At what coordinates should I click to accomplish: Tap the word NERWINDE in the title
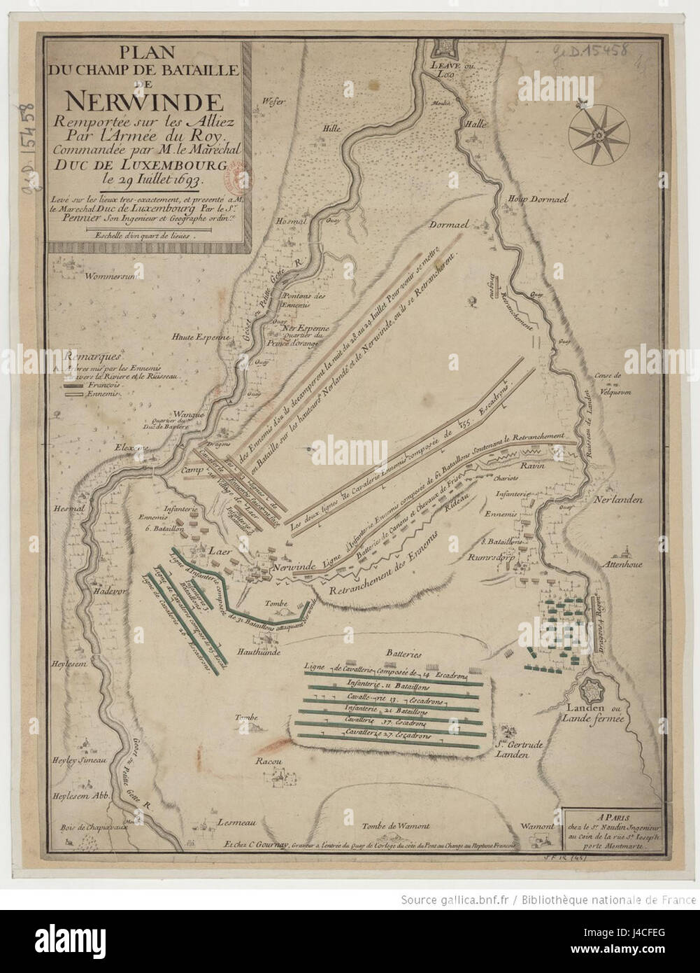[145, 103]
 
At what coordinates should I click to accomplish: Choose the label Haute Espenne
[202, 337]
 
